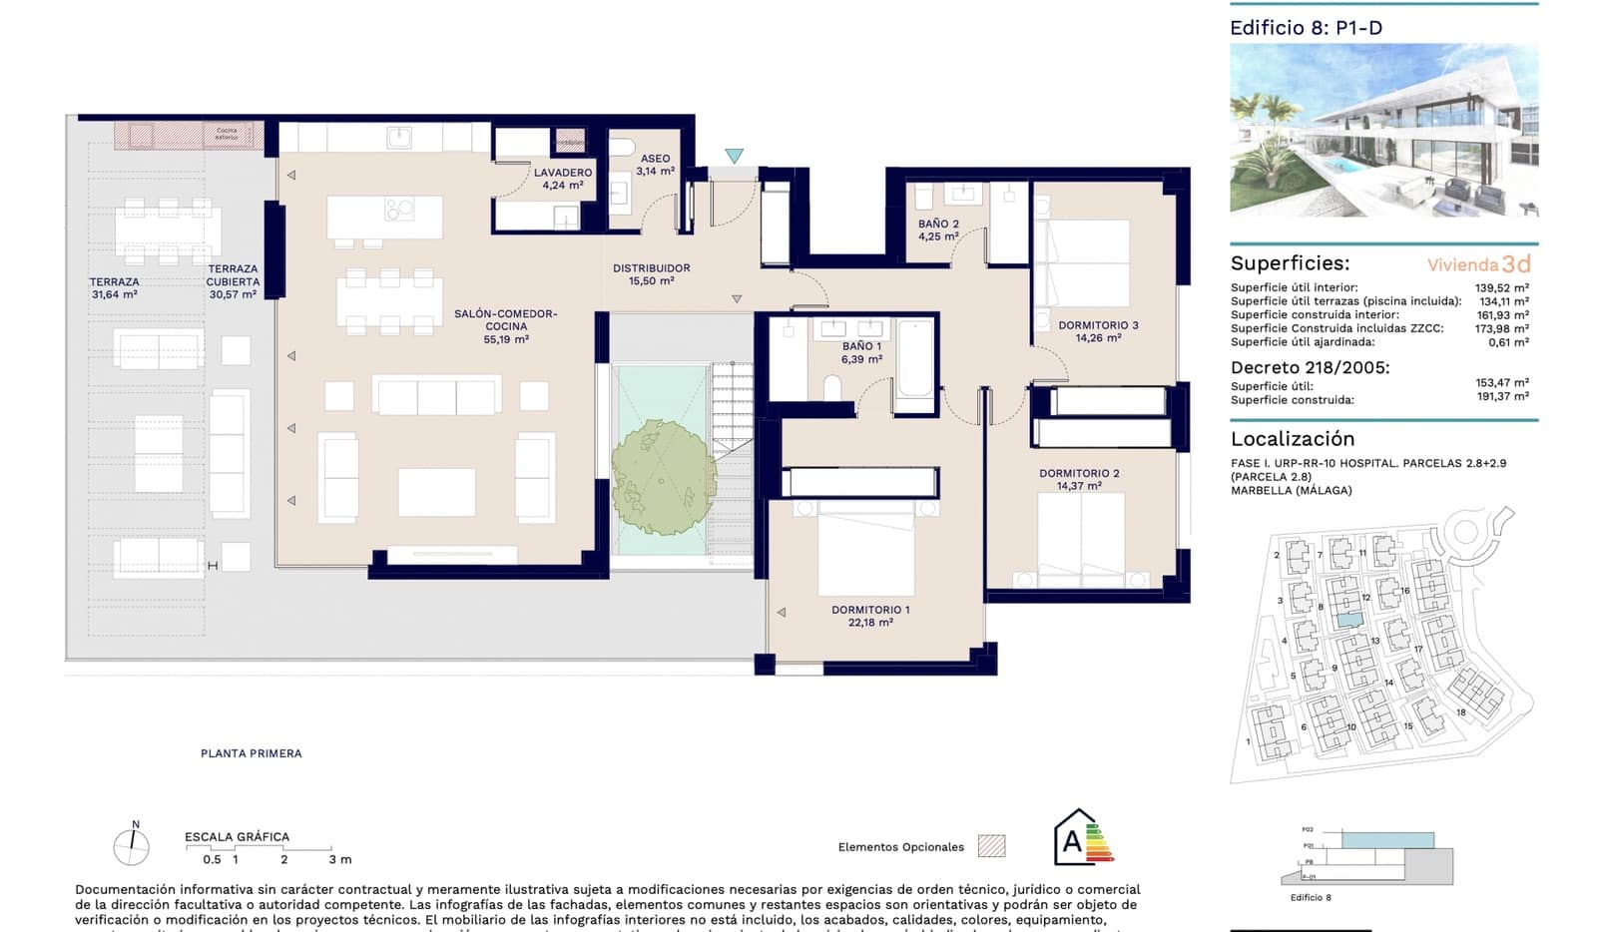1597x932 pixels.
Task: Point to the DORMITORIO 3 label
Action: pos(1098,325)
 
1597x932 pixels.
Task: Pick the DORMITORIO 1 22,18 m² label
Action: pos(870,616)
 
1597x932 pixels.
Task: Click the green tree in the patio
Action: pos(664,476)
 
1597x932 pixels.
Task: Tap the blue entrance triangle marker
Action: pos(735,157)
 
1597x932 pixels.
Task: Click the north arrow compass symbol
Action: pos(132,846)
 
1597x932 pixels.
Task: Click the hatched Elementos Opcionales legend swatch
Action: pos(991,846)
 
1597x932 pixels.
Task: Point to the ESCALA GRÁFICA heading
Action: pos(237,837)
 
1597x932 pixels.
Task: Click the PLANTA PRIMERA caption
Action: pos(251,753)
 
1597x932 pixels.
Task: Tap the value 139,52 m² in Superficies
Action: pos(1501,287)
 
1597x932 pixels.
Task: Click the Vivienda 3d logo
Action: pos(1478,264)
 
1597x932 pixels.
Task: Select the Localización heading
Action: pos(1292,439)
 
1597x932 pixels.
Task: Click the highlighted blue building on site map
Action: pos(1348,621)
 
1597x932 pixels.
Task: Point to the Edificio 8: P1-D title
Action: pos(1306,28)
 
